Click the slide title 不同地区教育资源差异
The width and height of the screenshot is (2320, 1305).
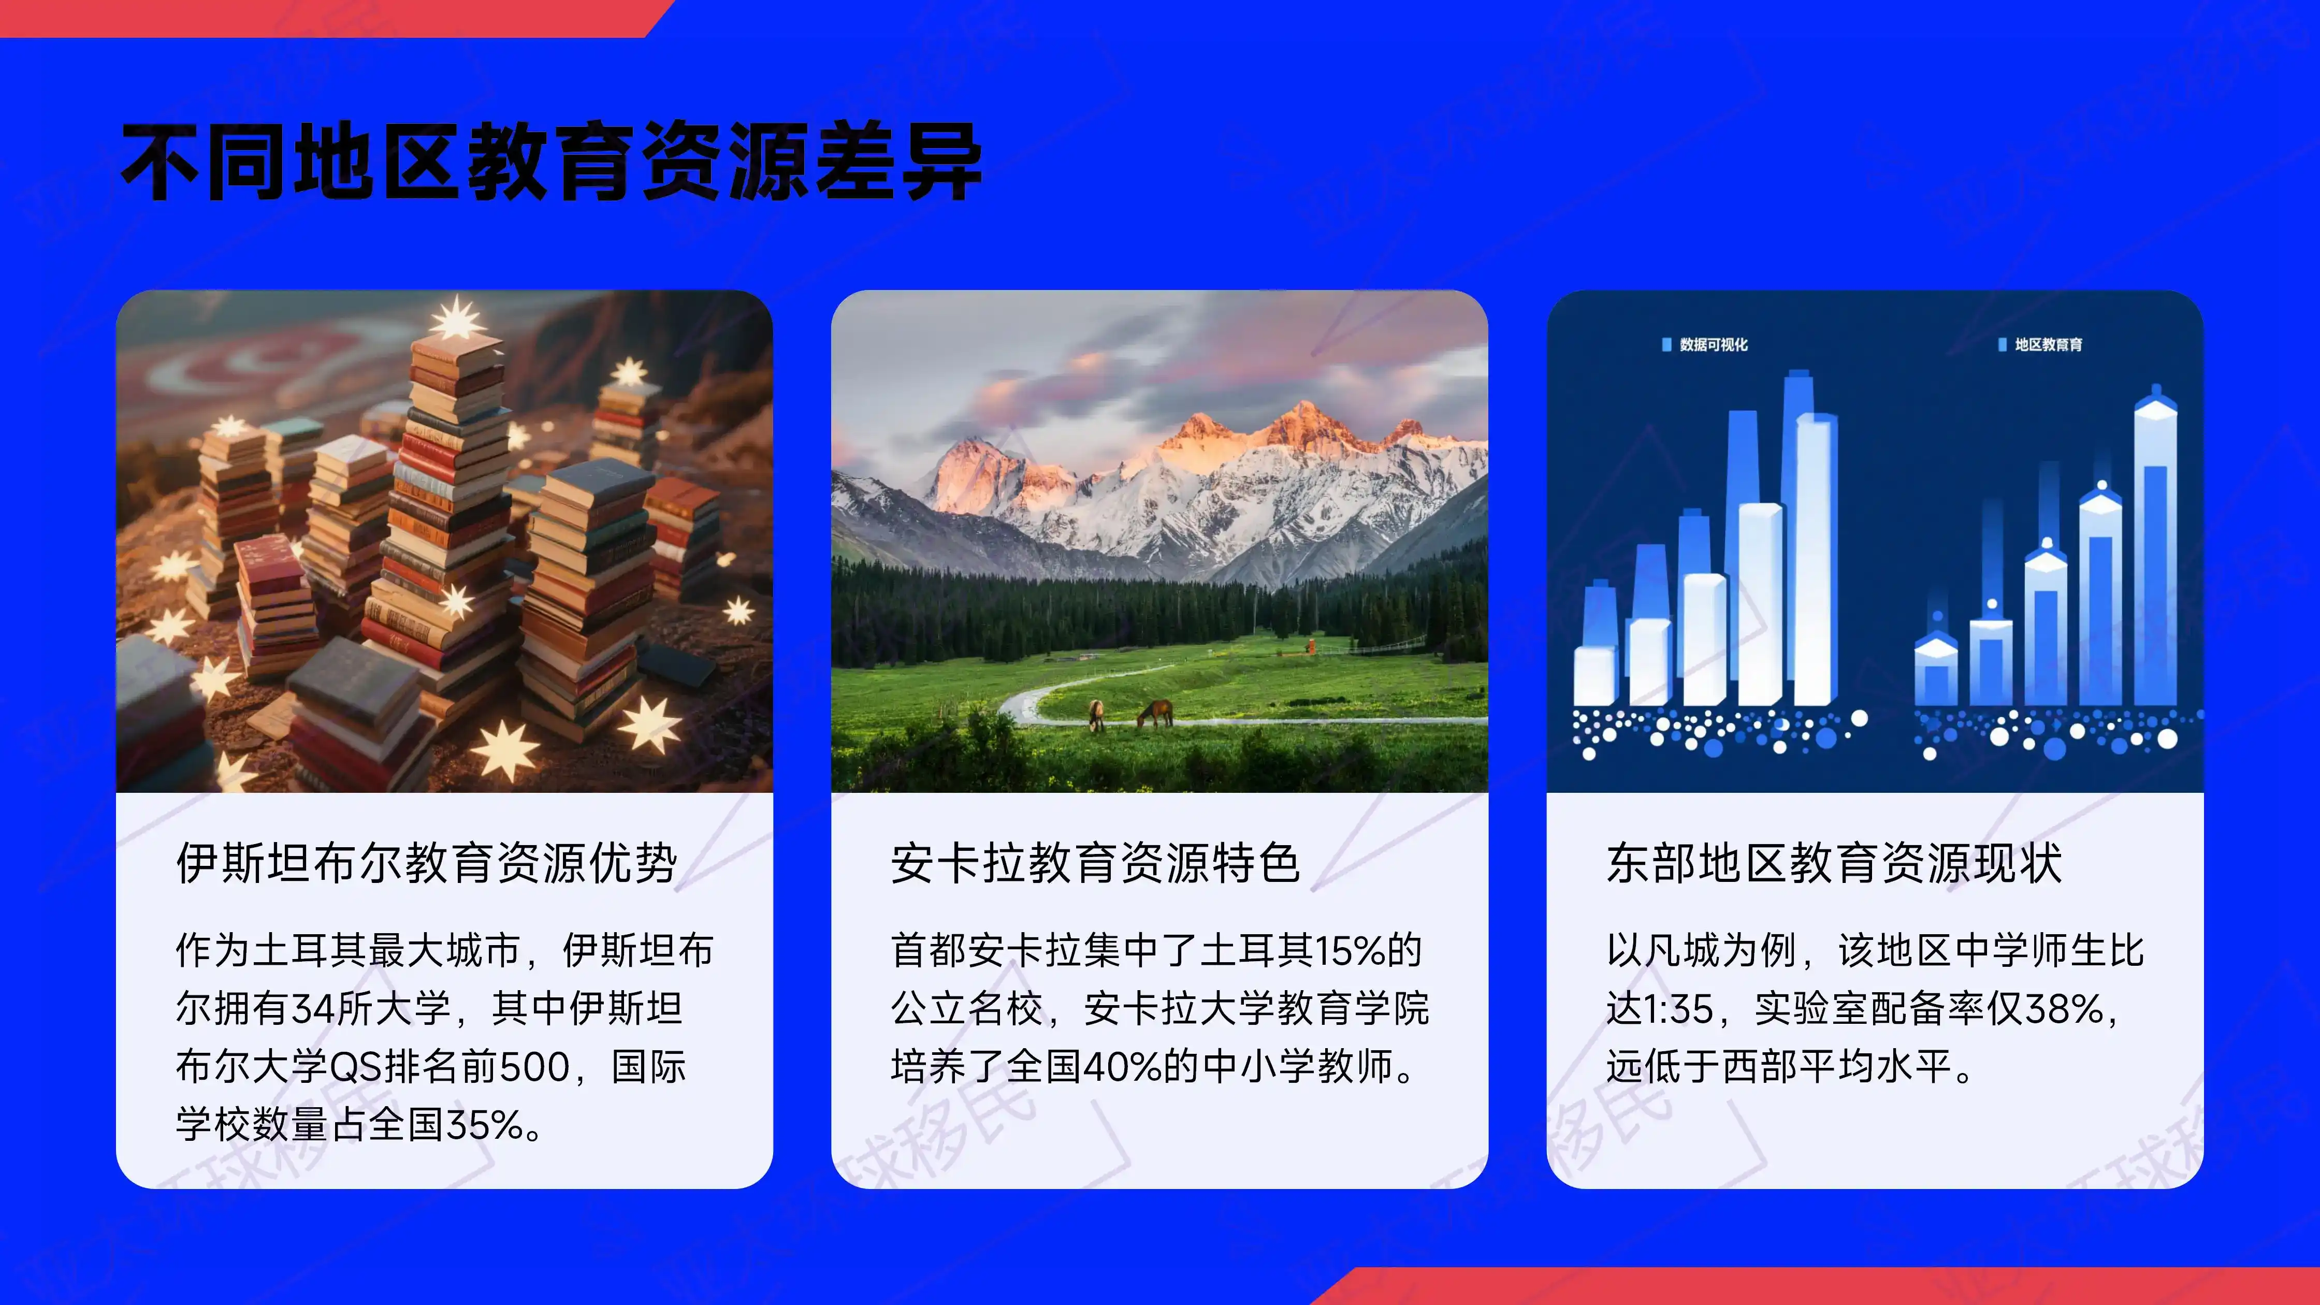click(551, 162)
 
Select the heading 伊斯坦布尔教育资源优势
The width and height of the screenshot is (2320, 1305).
click(426, 863)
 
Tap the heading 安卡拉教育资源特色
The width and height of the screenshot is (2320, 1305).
click(1095, 863)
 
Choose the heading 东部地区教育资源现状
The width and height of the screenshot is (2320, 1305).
click(1834, 863)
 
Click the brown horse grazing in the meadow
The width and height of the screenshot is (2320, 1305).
click(1155, 713)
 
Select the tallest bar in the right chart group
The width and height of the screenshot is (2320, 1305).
click(2155, 549)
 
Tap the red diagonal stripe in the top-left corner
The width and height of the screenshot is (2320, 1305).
click(324, 16)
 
